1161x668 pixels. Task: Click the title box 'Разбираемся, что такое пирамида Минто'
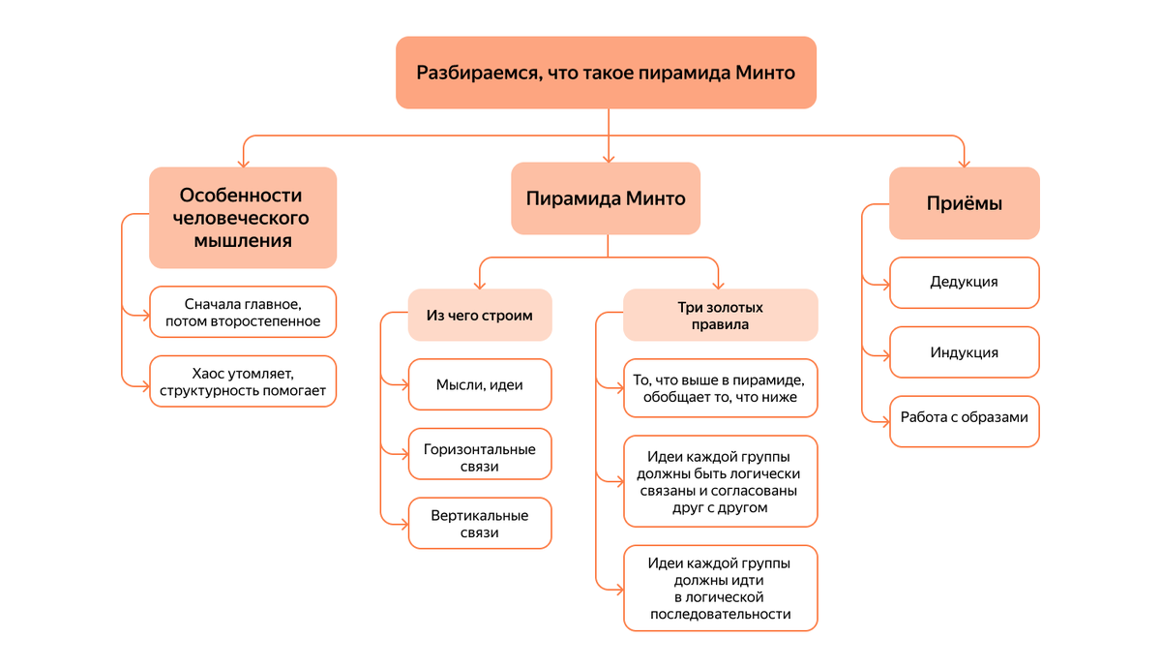click(606, 73)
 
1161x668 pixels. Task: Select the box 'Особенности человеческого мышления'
click(242, 218)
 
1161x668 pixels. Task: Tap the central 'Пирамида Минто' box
click(606, 198)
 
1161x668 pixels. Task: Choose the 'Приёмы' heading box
click(964, 203)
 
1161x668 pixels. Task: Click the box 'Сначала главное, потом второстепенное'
click(243, 312)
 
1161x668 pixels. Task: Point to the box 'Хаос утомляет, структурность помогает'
click(243, 381)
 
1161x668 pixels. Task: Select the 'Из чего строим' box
click(480, 315)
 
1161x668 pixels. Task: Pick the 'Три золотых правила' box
click(720, 316)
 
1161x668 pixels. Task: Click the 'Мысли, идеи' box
click(480, 384)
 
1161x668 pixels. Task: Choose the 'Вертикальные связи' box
click(480, 524)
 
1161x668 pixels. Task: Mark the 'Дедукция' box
click(964, 283)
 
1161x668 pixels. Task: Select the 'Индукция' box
click(964, 352)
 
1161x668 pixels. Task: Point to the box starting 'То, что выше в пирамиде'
click(720, 388)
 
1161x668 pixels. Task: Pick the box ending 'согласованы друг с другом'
click(720, 481)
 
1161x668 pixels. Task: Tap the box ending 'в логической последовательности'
click(720, 588)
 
